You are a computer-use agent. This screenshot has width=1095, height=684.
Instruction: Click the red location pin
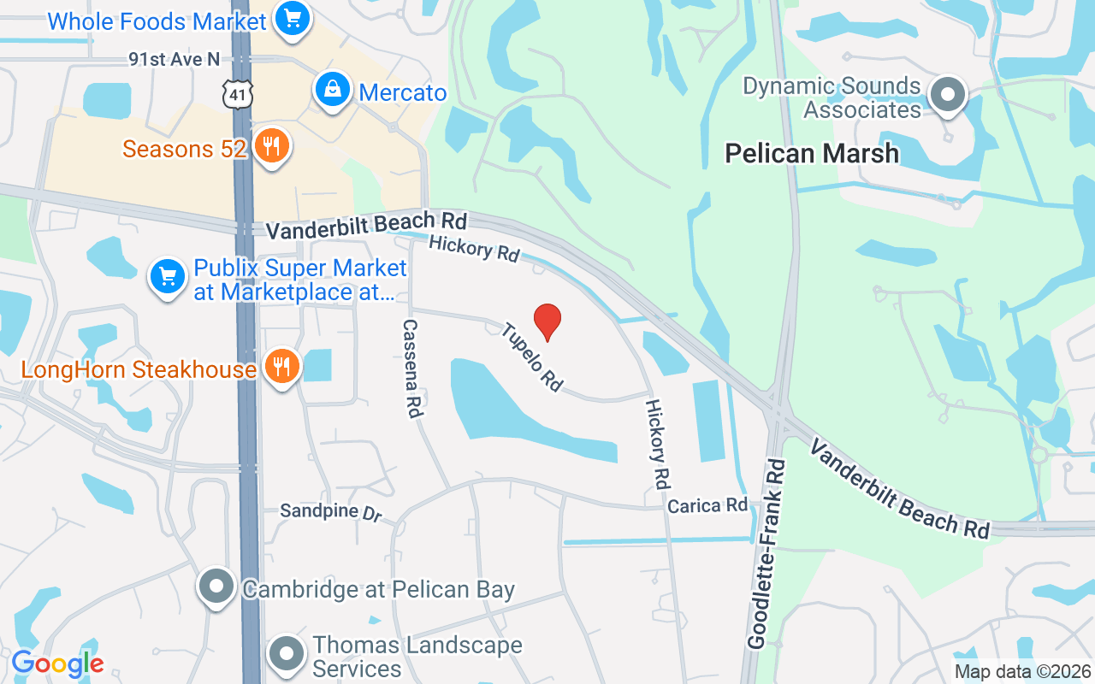tap(547, 321)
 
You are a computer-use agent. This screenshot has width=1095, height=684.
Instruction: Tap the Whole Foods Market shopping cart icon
tap(293, 18)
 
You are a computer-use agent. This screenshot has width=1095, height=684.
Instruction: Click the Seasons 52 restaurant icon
tap(271, 147)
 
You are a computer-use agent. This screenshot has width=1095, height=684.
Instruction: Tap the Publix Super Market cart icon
tap(169, 276)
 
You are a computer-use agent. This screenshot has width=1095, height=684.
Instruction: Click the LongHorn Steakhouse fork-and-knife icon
tap(281, 367)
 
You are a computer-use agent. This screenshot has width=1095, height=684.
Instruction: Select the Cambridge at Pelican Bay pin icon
tap(216, 587)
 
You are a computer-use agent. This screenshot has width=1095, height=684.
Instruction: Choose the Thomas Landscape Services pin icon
tap(287, 654)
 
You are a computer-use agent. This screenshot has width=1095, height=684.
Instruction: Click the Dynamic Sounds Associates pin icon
tap(947, 95)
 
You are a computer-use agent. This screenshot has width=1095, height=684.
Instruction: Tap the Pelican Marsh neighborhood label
tap(812, 153)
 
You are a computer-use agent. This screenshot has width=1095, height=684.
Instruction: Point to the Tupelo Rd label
tap(531, 357)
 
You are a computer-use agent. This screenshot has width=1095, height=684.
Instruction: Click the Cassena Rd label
tap(411, 369)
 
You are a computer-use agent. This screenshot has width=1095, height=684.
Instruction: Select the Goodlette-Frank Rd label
tap(766, 552)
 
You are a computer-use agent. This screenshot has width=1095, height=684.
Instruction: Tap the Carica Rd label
tap(707, 505)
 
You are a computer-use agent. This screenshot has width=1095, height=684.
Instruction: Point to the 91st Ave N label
tap(175, 59)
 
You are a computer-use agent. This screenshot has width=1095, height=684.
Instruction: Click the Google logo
tap(57, 663)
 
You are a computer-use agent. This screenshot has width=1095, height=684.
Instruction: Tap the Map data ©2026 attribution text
tap(1022, 672)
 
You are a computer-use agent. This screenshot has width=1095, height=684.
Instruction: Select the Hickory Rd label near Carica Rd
tap(656, 444)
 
